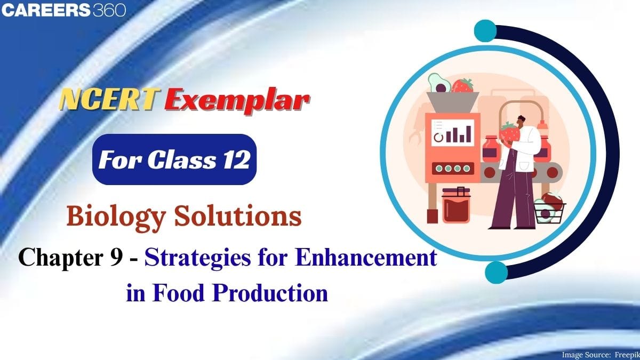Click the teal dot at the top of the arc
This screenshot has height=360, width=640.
coord(485,30)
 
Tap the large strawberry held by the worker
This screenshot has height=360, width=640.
coord(510,132)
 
